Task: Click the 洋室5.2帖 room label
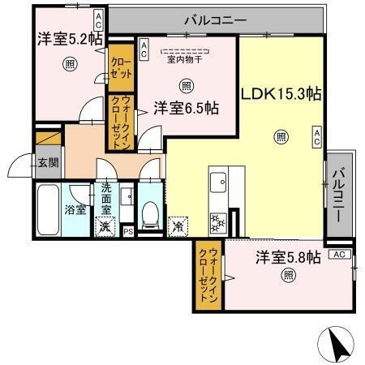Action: pyautogui.click(x=68, y=37)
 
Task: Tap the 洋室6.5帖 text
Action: pyautogui.click(x=187, y=106)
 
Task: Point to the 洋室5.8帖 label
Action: pyautogui.click(x=289, y=257)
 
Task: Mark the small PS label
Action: pyautogui.click(x=127, y=230)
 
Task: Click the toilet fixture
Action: pyautogui.click(x=149, y=213)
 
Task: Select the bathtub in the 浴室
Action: pyautogui.click(x=49, y=208)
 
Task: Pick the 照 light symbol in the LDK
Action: pyautogui.click(x=280, y=136)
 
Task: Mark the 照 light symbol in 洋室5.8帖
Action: pyautogui.click(x=288, y=275)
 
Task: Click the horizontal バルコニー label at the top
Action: pyautogui.click(x=215, y=19)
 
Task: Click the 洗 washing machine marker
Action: pyautogui.click(x=105, y=228)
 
